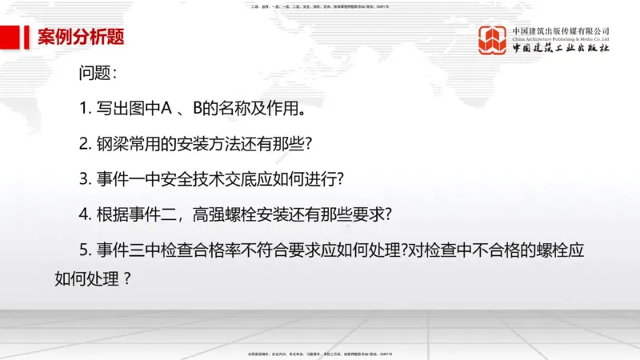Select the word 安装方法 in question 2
point(203,144)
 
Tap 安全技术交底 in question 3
point(200,179)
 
